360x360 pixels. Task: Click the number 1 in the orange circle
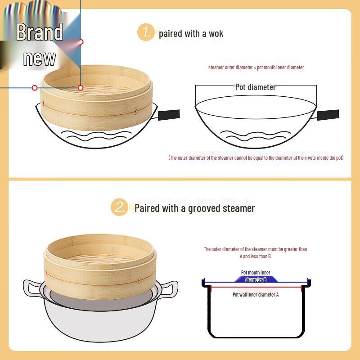coord(145,32)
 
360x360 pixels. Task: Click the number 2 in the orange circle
coord(119,207)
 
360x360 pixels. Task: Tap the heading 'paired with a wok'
coord(191,33)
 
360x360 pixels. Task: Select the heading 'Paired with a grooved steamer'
coord(194,208)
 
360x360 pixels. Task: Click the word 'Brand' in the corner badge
coord(40,32)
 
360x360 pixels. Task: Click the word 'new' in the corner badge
coord(40,58)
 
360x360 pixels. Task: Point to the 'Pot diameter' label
coord(255,87)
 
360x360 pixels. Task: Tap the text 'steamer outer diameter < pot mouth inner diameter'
coord(256,67)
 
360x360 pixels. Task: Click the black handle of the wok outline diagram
coord(328,114)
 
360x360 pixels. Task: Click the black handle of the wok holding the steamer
coord(169,114)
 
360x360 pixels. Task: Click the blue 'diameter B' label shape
coord(256,279)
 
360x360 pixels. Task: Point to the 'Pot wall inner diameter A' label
coord(255,294)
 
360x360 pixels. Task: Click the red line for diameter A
coord(256,287)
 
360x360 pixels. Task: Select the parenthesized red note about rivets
coord(256,157)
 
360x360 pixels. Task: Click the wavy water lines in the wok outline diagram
coord(256,135)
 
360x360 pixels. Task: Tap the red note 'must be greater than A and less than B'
coord(255,252)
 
